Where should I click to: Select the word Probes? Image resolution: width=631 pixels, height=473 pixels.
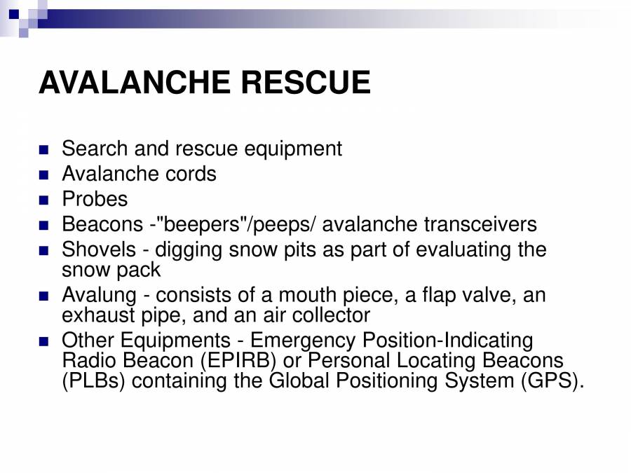(x=95, y=199)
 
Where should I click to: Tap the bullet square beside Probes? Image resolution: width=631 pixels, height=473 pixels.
(x=45, y=200)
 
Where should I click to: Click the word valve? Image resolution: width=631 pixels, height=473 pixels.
(x=484, y=295)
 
